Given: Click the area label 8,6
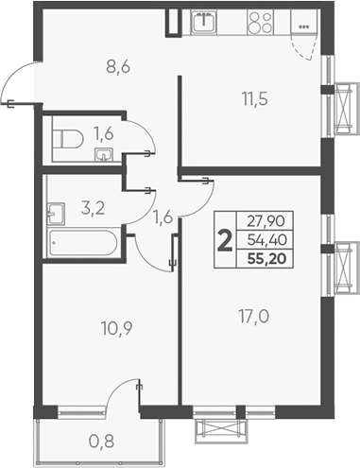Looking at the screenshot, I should [118, 67].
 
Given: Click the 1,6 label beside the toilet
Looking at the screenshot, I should [103, 134].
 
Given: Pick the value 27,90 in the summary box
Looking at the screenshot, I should [266, 222].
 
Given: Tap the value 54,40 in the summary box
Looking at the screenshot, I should [266, 239].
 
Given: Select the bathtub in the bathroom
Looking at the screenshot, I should [82, 245].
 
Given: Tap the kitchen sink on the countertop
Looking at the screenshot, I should [203, 20].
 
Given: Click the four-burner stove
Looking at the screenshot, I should [262, 22].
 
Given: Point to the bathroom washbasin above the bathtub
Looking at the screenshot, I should [56, 210].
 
